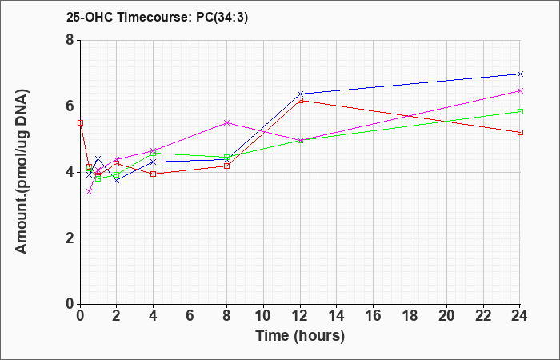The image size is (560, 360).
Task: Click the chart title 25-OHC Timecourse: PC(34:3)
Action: point(157,18)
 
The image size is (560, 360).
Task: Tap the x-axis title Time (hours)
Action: point(300,336)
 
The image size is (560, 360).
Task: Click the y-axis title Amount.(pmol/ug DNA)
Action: point(22,172)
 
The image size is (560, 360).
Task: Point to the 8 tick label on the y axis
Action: point(70,40)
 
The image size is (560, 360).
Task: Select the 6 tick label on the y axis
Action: point(70,106)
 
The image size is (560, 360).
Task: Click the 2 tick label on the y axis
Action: point(70,238)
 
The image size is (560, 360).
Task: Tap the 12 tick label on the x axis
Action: point(300,316)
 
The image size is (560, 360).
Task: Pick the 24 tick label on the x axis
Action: point(519,316)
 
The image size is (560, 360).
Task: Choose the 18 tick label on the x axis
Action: point(410,316)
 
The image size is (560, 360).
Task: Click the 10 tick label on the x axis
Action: point(263,316)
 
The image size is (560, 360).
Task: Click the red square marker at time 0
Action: point(80,123)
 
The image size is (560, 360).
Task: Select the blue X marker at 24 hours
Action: point(520,74)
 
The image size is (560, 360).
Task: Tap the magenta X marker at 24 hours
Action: point(520,91)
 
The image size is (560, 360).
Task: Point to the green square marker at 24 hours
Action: point(520,111)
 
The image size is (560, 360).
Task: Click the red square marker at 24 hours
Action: point(520,133)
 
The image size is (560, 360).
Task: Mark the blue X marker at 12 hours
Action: point(300,94)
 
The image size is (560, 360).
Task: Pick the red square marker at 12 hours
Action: point(300,100)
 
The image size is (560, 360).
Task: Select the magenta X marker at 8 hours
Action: point(226,123)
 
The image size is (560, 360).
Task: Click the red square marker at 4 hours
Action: point(154,174)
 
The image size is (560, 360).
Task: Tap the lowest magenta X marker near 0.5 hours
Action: point(90,192)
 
